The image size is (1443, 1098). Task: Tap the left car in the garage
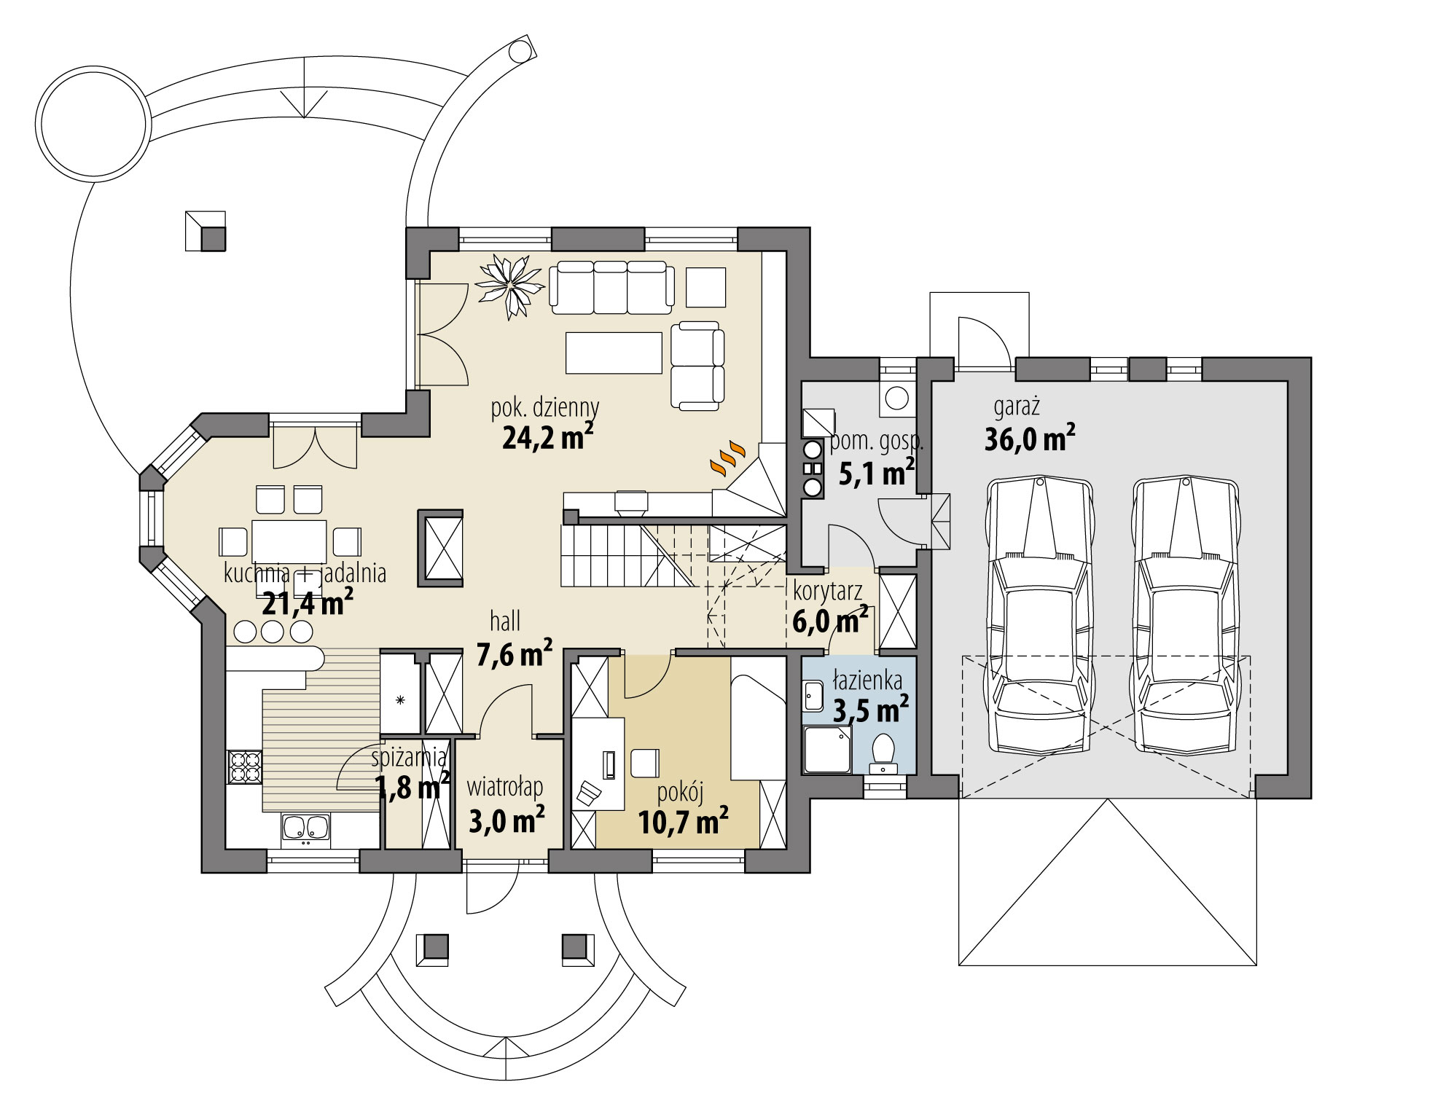pos(1038,616)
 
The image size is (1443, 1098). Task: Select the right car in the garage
pos(1186,616)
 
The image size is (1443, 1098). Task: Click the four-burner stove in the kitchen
pos(246,766)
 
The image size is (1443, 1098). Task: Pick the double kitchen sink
pos(306,828)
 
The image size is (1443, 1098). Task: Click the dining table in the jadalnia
pos(289,541)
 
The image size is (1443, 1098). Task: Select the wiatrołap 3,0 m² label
pos(506,806)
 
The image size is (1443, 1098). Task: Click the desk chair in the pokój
pos(644,763)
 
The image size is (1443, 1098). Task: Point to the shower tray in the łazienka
pos(826,750)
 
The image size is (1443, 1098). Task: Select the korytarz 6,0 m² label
pos(829,607)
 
